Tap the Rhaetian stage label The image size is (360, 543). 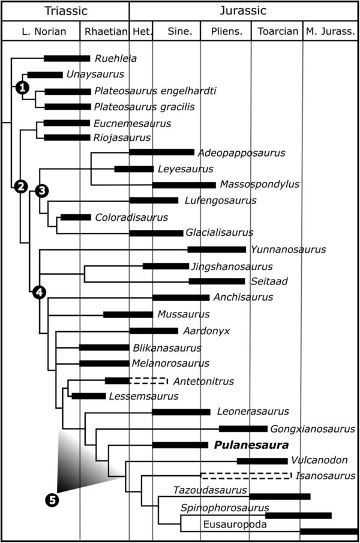pyautogui.click(x=104, y=31)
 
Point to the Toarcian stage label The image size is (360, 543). pyautogui.click(x=276, y=31)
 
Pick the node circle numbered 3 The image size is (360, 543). pyautogui.click(x=41, y=191)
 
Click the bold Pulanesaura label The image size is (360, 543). pyautogui.click(x=248, y=446)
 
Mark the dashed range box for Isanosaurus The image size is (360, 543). pyautogui.click(x=246, y=476)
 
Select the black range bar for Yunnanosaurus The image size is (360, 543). pyautogui.click(x=217, y=250)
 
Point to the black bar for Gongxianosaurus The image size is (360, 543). pyautogui.click(x=243, y=429)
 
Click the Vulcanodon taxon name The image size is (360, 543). pyautogui.click(x=319, y=461)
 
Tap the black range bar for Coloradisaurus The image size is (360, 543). pyautogui.click(x=76, y=217)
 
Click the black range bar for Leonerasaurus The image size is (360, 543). pyautogui.click(x=181, y=412)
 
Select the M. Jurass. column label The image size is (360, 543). pyautogui.click(x=330, y=31)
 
